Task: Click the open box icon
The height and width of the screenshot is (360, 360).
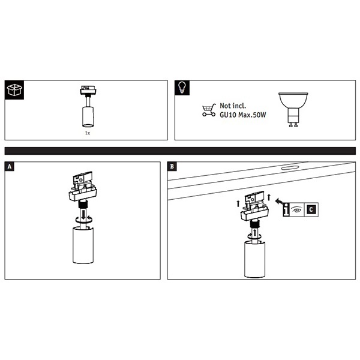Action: point(14,90)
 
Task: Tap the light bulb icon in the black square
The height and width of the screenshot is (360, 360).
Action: point(182,88)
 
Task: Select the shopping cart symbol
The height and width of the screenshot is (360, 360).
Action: point(209,110)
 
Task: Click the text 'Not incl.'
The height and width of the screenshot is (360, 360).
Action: point(233,106)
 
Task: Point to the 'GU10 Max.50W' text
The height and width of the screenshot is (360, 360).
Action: point(242,115)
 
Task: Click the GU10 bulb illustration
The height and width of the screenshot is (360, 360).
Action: point(293,110)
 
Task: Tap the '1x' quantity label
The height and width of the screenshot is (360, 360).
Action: point(88,133)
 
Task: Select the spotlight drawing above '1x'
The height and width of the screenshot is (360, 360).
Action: point(89,106)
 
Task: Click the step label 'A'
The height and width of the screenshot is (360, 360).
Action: point(10,166)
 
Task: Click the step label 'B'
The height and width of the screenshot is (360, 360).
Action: point(172,166)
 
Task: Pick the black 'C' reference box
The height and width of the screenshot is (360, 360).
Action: point(311,209)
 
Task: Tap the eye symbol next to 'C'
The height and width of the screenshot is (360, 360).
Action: point(296,209)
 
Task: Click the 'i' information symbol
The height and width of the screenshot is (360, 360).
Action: point(286,209)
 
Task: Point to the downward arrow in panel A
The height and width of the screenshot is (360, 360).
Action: point(83,215)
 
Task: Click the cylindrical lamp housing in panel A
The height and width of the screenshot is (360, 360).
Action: point(83,245)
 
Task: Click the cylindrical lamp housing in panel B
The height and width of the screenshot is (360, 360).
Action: point(255,259)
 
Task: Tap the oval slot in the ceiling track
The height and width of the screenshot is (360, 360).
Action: point(290,167)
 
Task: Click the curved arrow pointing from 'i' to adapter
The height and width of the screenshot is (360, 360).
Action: point(279,202)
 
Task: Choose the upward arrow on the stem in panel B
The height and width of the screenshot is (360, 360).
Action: point(255,233)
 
